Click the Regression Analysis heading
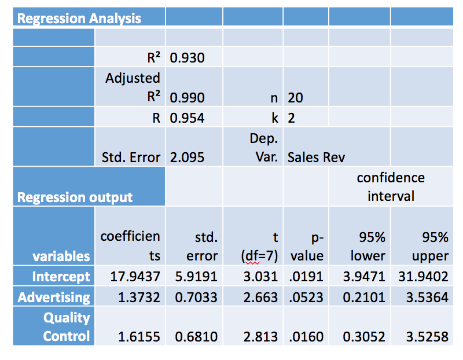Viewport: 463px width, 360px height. (x=79, y=19)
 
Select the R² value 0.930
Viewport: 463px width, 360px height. (x=188, y=58)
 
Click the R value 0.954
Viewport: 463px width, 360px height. (x=188, y=118)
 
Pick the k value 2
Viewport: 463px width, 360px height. (x=291, y=118)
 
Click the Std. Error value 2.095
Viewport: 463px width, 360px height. (x=188, y=157)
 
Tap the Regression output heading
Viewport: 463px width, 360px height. (x=75, y=197)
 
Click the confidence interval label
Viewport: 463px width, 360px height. (x=391, y=187)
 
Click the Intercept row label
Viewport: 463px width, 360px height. (x=61, y=276)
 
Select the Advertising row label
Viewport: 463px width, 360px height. (x=54, y=297)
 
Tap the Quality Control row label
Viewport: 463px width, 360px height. (x=67, y=327)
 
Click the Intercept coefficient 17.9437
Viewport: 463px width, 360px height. (x=135, y=276)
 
